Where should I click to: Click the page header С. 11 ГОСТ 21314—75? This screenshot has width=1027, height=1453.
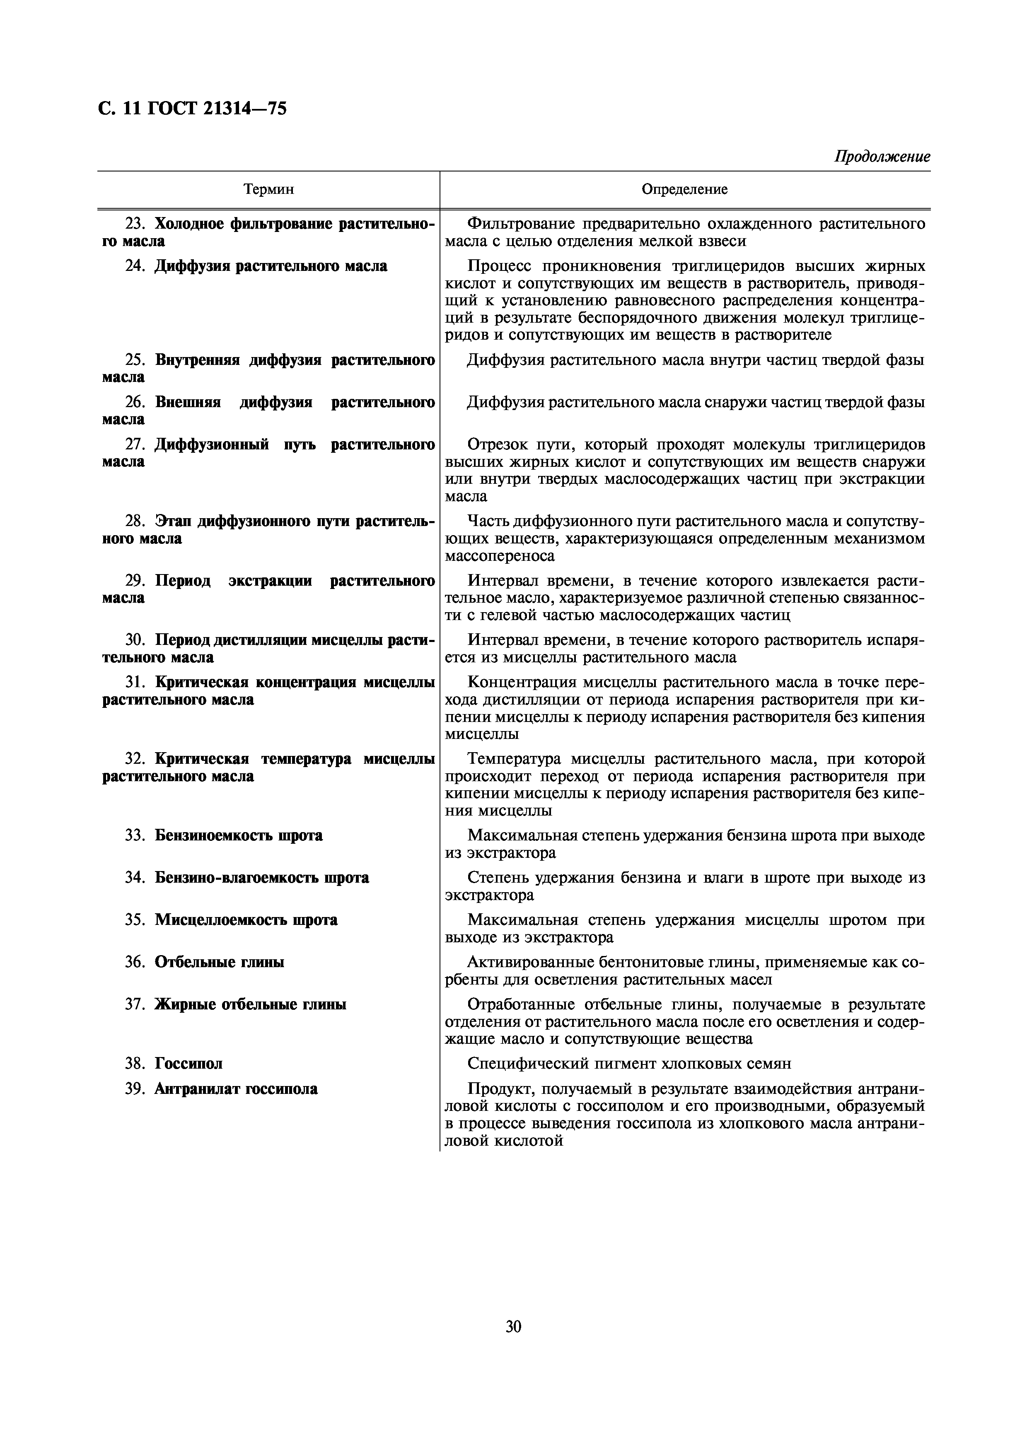[192, 109]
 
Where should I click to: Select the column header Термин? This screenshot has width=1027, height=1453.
[268, 189]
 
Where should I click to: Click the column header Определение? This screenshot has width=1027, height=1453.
[685, 189]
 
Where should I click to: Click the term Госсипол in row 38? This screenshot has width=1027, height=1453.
[188, 1064]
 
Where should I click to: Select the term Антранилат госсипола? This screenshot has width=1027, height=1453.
[236, 1089]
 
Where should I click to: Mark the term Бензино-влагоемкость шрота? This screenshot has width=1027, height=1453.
[261, 878]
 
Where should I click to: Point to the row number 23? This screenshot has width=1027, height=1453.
[134, 224]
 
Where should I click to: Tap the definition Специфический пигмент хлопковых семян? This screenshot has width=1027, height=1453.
[628, 1064]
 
